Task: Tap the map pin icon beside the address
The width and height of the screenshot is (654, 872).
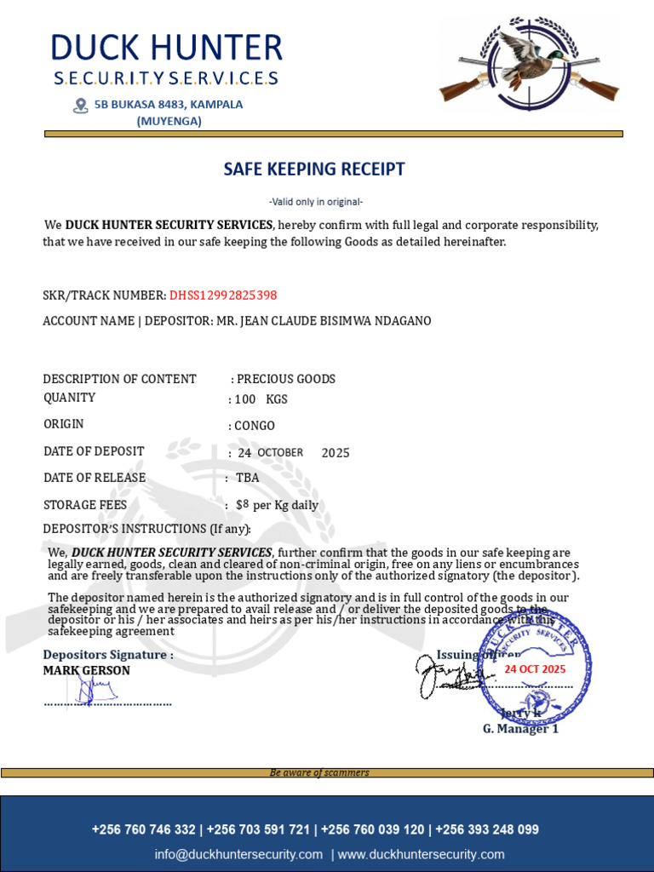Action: click(x=81, y=106)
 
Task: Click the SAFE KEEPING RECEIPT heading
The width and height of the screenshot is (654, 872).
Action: click(x=314, y=169)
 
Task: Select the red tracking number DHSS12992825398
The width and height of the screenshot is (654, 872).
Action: click(x=223, y=295)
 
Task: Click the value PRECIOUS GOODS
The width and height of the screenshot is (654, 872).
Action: click(x=286, y=379)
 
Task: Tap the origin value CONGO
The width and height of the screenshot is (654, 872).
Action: click(x=255, y=426)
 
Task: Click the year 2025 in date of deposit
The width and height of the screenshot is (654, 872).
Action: click(x=336, y=453)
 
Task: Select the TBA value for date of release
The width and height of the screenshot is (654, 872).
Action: click(x=248, y=478)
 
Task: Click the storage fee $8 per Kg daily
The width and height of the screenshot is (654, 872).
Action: click(x=277, y=505)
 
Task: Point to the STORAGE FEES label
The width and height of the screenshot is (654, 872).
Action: click(x=85, y=505)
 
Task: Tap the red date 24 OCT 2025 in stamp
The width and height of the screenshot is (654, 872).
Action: click(x=535, y=669)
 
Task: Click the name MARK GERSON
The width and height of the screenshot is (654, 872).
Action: click(x=87, y=671)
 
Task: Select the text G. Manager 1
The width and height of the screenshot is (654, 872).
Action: click(x=520, y=729)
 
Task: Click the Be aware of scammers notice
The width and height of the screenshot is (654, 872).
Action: click(x=319, y=772)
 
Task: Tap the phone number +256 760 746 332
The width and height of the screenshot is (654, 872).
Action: click(x=143, y=829)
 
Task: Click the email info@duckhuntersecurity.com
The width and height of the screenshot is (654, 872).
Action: click(x=238, y=854)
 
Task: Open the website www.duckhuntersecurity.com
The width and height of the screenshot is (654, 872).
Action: click(x=422, y=854)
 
